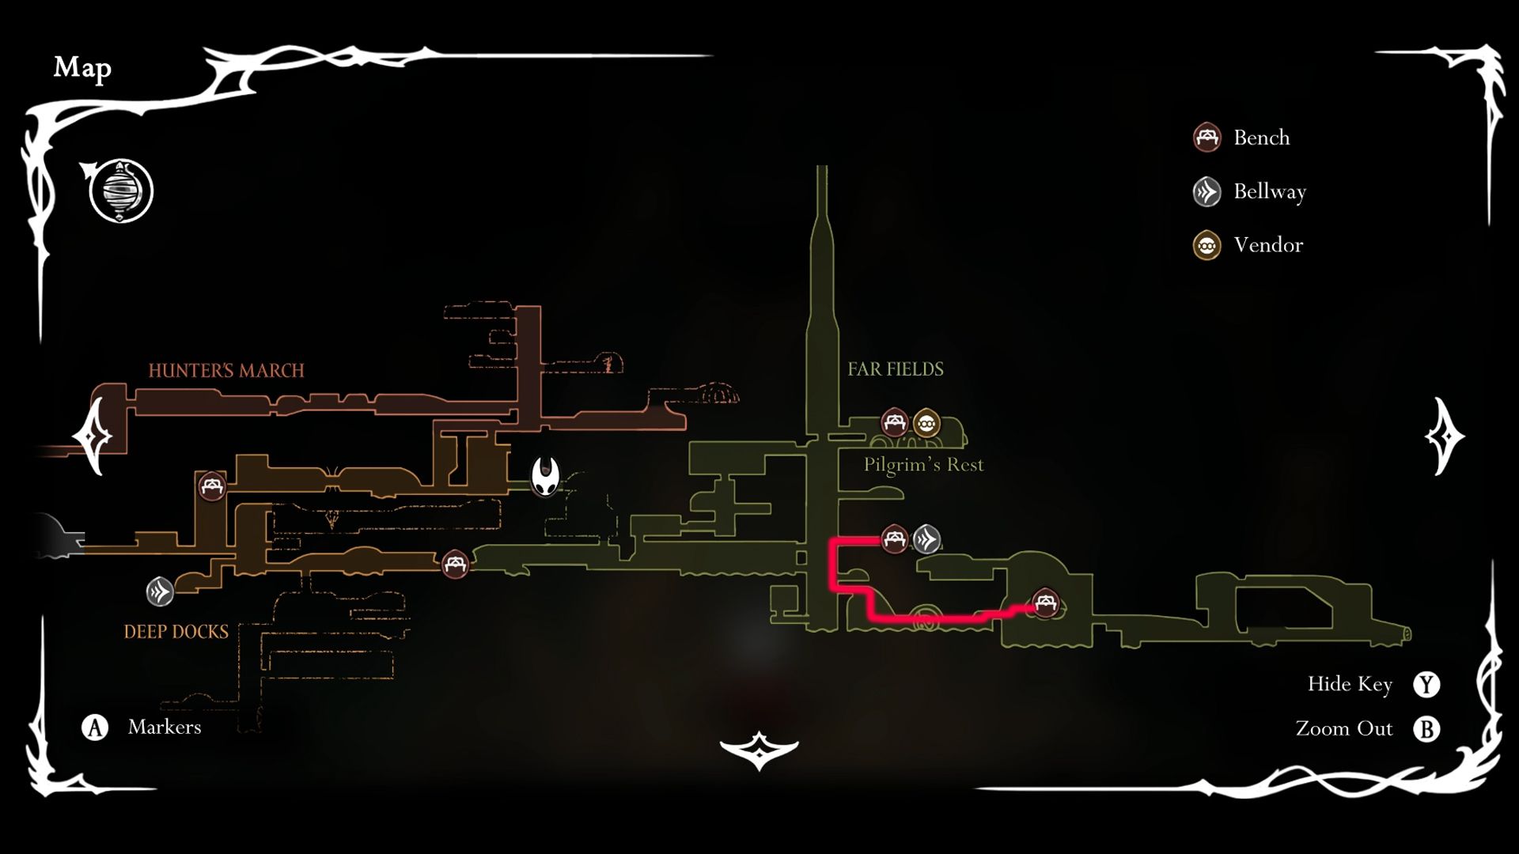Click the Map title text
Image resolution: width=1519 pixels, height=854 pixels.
point(82,68)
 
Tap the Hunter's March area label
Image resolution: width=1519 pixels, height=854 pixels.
point(226,370)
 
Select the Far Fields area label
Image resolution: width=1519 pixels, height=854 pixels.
point(896,369)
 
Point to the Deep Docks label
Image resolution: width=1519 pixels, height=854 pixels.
point(176,632)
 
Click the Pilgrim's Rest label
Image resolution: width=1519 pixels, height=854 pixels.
point(923,464)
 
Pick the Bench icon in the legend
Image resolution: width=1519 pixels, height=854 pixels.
point(1206,138)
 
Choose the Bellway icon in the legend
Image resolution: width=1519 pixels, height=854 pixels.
point(1206,191)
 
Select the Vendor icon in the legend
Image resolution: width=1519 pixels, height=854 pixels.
point(1206,245)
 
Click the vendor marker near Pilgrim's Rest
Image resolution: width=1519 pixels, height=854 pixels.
point(926,423)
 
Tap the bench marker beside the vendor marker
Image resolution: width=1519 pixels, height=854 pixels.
point(894,422)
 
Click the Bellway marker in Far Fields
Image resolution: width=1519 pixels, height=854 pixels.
point(926,539)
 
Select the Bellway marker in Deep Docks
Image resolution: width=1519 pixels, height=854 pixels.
point(160,591)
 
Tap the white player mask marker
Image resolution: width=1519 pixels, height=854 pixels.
point(545,477)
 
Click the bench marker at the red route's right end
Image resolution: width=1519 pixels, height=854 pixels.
point(1046,604)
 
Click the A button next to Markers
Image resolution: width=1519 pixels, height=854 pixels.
point(95,727)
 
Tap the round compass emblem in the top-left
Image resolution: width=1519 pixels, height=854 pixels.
point(121,191)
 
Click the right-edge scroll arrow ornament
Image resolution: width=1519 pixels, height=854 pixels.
point(1444,436)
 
